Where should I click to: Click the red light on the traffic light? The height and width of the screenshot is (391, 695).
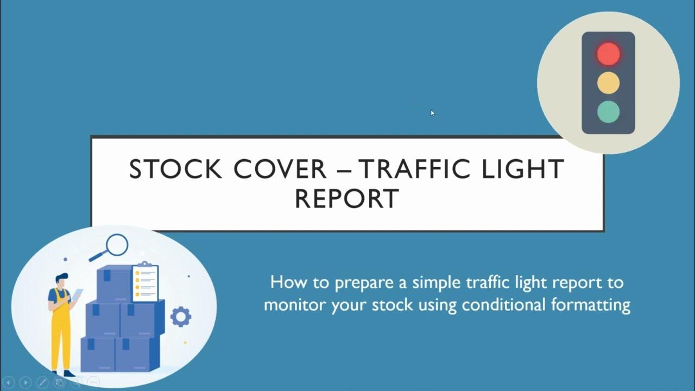tap(608, 54)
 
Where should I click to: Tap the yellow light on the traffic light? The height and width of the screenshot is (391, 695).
tap(608, 83)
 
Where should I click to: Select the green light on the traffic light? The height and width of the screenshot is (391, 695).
tap(608, 111)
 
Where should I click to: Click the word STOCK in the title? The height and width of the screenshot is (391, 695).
tap(175, 169)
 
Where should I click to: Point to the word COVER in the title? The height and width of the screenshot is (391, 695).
tap(280, 169)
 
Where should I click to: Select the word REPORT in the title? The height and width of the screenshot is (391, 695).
tap(347, 198)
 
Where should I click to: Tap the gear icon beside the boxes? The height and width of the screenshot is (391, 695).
tap(181, 317)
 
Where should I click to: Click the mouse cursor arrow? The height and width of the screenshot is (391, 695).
tap(432, 112)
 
